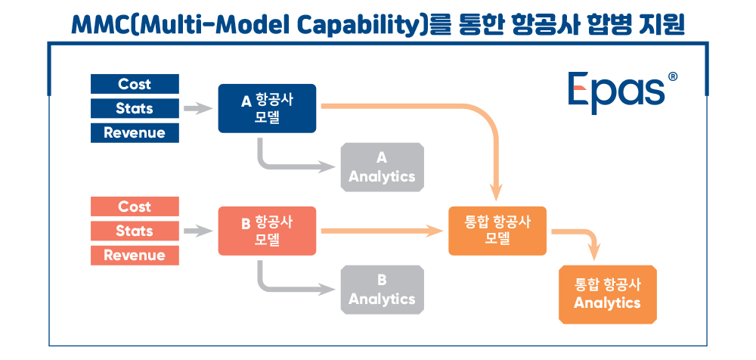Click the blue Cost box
pyautogui.click(x=135, y=84)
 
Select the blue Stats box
pyautogui.click(x=135, y=108)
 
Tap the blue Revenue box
pyautogui.click(x=135, y=132)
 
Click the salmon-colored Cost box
pyautogui.click(x=135, y=206)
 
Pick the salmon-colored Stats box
pyautogui.click(x=135, y=231)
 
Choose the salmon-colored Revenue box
pyautogui.click(x=135, y=256)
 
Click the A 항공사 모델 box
pyautogui.click(x=267, y=108)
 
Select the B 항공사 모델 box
pyautogui.click(x=267, y=231)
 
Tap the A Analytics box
pyautogui.click(x=383, y=167)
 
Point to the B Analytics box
pyautogui.click(x=383, y=290)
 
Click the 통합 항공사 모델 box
pyautogui.click(x=497, y=231)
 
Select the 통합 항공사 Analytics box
pyautogui.click(x=608, y=294)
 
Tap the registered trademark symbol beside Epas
pyautogui.click(x=673, y=76)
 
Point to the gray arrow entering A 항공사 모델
pyautogui.click(x=198, y=109)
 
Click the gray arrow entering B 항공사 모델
pyautogui.click(x=198, y=231)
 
